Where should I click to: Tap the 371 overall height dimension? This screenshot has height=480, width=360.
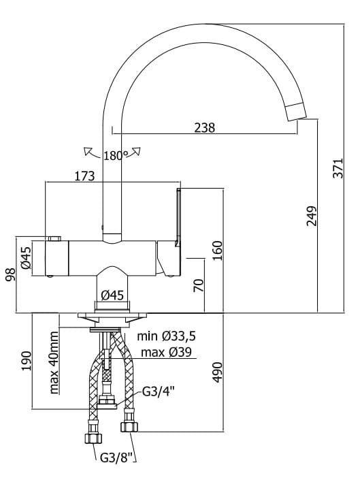coord(339,166)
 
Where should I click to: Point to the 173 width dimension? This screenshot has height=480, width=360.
coord(84,176)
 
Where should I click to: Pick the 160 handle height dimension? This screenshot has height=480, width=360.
coord(217,251)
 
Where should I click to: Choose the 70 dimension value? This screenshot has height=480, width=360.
coord(197,285)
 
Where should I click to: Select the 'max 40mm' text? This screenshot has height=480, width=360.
coord(54,364)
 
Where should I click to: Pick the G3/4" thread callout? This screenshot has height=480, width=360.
coord(159,392)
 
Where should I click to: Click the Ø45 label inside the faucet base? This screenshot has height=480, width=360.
coord(112,295)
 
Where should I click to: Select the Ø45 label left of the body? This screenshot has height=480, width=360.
coord(26,259)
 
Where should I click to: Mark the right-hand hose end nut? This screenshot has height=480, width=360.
coord(129,427)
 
